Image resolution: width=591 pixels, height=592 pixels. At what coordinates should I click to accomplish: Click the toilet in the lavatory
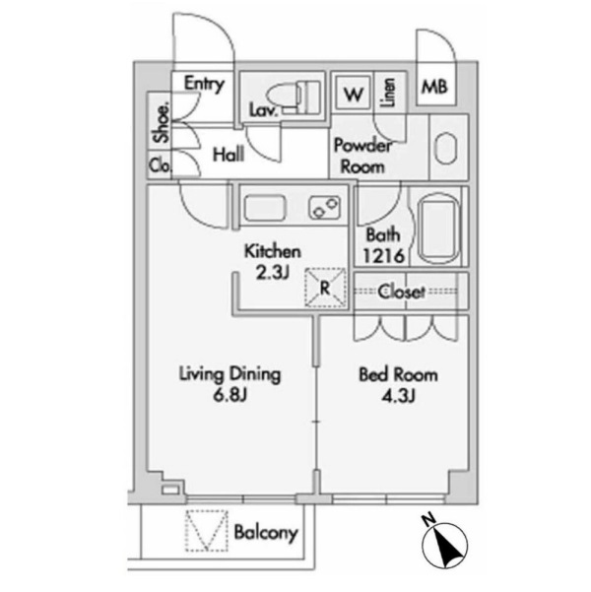[x=294, y=98]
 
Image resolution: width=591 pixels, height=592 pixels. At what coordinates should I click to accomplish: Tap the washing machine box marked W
[x=353, y=94]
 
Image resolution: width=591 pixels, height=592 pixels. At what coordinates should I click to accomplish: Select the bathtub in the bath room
[x=439, y=230]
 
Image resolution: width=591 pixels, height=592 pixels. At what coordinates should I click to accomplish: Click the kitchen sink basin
[x=265, y=209]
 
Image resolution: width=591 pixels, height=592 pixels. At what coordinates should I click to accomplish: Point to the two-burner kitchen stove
[x=324, y=208]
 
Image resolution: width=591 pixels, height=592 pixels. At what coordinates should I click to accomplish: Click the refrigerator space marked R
[x=325, y=288]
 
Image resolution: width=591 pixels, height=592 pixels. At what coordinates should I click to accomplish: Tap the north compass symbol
[x=444, y=541]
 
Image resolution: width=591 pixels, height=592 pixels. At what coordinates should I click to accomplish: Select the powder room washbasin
[x=446, y=148]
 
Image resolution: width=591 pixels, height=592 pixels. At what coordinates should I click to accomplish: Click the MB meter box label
[x=434, y=88]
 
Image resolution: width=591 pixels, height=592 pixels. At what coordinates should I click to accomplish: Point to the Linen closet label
[x=389, y=92]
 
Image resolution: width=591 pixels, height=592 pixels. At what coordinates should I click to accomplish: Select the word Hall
[x=229, y=155]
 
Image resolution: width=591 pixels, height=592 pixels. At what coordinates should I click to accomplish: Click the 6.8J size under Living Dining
[x=230, y=395]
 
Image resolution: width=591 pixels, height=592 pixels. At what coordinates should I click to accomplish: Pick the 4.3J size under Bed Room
[x=398, y=396]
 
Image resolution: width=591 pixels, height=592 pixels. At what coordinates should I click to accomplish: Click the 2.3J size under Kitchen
[x=273, y=273]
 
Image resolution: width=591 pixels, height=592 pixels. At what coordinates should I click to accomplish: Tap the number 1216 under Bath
[x=383, y=256]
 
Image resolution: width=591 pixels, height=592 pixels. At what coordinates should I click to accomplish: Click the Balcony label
[x=266, y=533]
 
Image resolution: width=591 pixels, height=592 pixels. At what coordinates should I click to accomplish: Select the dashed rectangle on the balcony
[x=206, y=530]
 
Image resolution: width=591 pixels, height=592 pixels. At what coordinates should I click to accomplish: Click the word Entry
[x=204, y=84]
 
